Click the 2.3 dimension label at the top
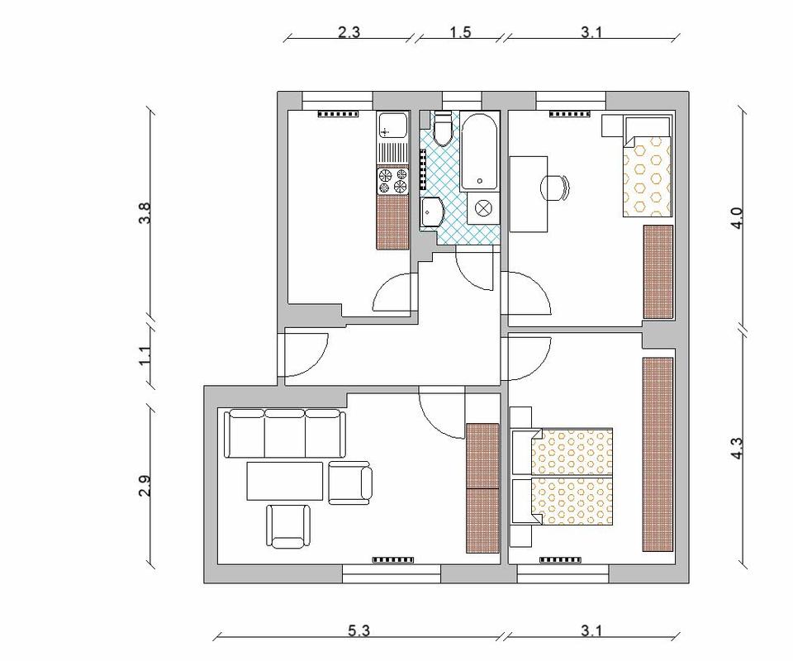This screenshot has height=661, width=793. tap(349, 32)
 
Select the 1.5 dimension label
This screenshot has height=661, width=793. tap(460, 32)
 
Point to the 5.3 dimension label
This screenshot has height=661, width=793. tap(359, 630)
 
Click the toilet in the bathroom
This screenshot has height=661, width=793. tap(444, 129)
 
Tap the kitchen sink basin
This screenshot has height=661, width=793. tap(392, 126)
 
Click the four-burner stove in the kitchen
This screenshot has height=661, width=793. tap(392, 181)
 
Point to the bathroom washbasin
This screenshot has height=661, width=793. tap(431, 213)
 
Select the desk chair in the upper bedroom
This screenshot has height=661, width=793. tap(555, 188)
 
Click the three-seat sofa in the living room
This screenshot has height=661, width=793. tap(285, 434)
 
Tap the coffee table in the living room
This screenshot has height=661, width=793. tap(285, 480)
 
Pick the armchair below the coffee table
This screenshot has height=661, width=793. tap(289, 526)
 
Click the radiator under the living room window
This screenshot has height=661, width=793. tap(393, 559)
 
